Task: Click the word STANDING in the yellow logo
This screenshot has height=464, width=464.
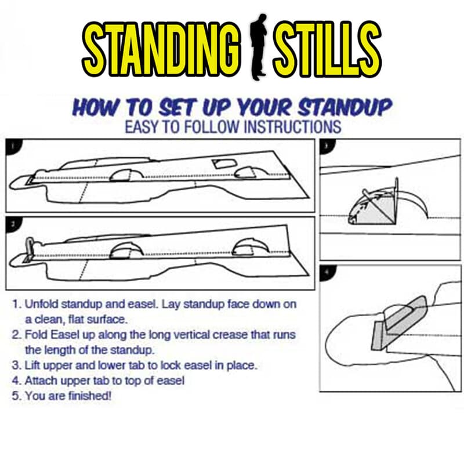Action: [x=161, y=48]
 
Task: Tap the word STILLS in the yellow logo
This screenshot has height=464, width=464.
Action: [x=327, y=48]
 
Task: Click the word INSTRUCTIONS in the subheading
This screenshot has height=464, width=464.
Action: [x=292, y=126]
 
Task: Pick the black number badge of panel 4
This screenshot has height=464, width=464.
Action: [x=327, y=271]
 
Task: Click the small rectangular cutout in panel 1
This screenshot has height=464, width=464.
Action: [x=225, y=163]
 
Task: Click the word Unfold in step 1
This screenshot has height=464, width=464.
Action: [x=41, y=304]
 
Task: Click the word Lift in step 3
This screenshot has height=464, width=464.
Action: [x=32, y=365]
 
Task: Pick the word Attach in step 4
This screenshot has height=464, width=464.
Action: [x=42, y=381]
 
